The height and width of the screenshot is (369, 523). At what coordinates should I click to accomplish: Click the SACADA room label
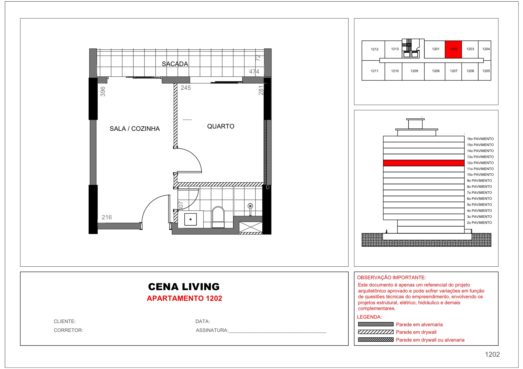(175, 64)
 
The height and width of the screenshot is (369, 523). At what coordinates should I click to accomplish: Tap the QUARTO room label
(220, 126)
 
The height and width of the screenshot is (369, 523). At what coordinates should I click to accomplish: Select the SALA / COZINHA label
(134, 129)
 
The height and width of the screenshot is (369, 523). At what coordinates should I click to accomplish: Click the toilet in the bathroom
(218, 217)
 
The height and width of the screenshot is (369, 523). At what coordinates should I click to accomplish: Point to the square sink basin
(190, 219)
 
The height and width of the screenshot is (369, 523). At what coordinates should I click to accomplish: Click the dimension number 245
(186, 88)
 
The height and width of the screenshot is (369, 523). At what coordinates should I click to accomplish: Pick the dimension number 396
(103, 91)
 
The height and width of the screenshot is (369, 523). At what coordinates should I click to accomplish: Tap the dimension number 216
(106, 217)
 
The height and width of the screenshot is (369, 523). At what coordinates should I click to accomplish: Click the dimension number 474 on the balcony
(254, 72)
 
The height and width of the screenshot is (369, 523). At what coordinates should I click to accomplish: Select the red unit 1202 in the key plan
(453, 49)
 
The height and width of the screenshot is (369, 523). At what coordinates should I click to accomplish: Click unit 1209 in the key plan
(414, 71)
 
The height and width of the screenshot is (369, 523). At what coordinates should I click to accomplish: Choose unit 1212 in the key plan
(374, 49)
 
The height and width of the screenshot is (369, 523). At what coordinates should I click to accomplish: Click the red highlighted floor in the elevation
(424, 163)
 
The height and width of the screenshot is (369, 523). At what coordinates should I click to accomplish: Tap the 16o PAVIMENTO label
(480, 139)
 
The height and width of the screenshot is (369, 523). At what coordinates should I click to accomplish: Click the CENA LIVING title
(184, 287)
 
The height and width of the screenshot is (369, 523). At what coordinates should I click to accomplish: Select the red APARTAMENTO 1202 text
(184, 298)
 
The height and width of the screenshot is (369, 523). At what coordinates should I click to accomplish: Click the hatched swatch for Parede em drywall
(376, 332)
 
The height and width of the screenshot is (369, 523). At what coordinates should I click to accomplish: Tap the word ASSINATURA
(212, 330)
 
